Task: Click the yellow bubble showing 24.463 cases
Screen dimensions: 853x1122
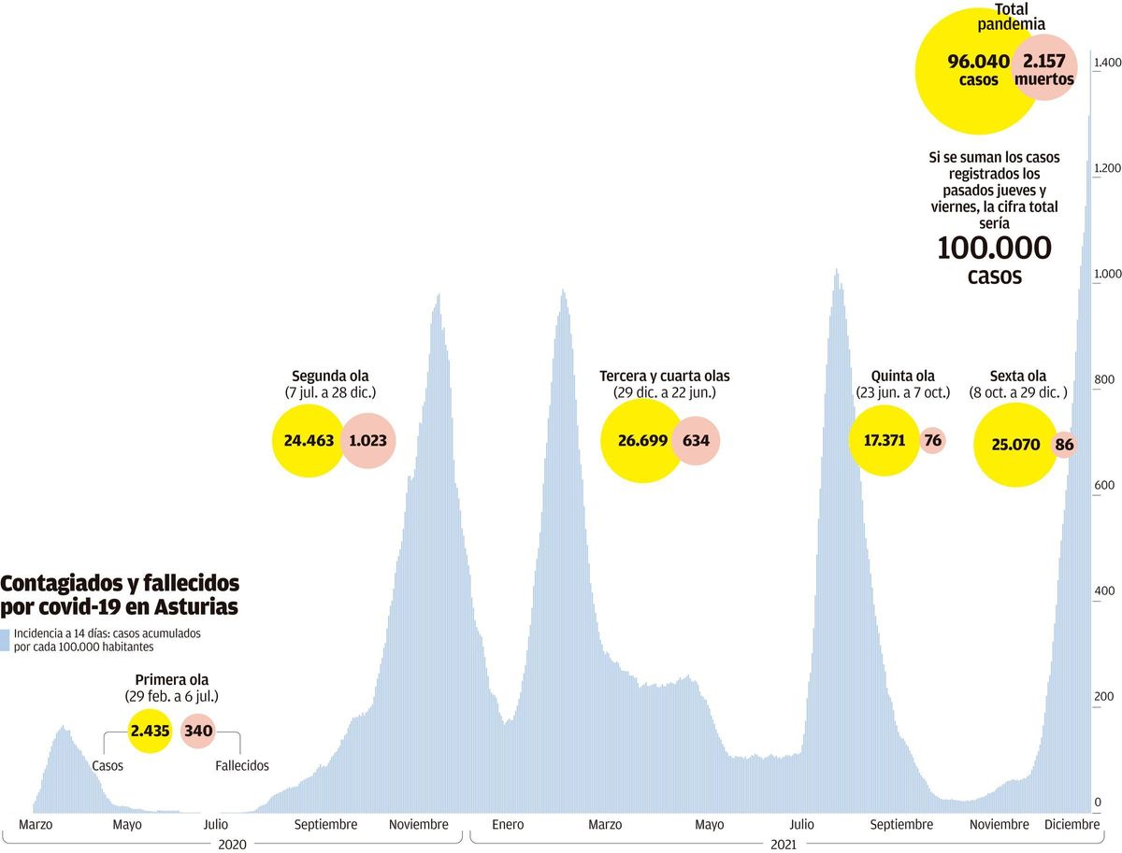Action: point(308,441)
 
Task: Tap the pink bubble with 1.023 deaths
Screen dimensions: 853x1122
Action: point(368,441)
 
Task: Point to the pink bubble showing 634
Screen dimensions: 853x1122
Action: point(696,441)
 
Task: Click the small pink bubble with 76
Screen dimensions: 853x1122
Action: point(932,441)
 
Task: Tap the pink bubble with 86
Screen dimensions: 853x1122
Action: point(1064,445)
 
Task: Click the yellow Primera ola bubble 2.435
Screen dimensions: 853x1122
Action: point(150,731)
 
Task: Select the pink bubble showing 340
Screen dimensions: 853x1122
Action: point(198,731)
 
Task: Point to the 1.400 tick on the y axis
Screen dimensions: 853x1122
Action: point(1107,63)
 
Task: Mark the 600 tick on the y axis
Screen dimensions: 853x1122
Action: point(1104,485)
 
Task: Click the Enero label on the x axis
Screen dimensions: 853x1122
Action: point(508,825)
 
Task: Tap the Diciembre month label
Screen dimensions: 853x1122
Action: point(1072,825)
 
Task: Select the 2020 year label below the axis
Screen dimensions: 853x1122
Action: point(231,844)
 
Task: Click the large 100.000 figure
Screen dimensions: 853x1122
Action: point(994,249)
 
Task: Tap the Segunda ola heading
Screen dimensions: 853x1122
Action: point(329,377)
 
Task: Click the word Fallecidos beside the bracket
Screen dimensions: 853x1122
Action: point(241,766)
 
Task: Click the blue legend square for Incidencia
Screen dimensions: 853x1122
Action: point(6,640)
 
